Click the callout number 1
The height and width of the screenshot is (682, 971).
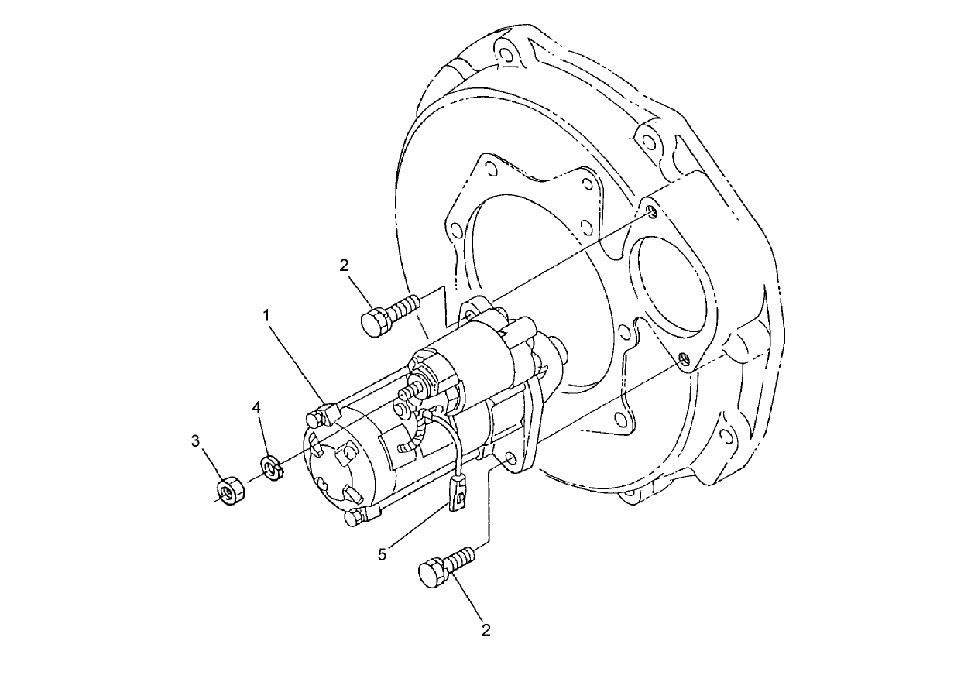(266, 316)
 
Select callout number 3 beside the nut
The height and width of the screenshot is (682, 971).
(196, 441)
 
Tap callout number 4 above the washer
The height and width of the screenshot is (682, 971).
(257, 407)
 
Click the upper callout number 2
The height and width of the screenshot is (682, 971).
(345, 266)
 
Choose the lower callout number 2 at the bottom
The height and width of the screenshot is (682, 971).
(485, 629)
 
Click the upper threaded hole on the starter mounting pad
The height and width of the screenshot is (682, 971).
(652, 211)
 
